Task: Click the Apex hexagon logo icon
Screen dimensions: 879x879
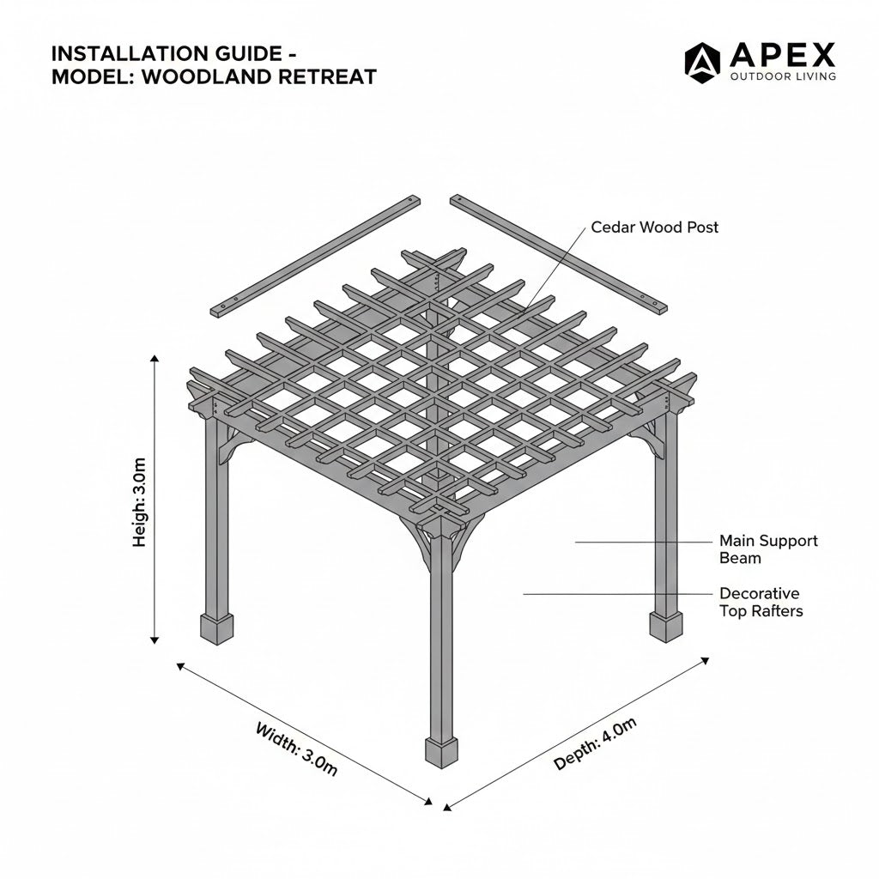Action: pyautogui.click(x=701, y=60)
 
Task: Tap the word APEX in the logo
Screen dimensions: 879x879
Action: pyautogui.click(x=782, y=56)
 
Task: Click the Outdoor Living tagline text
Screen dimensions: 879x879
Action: pyautogui.click(x=782, y=77)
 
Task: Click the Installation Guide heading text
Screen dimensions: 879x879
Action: pyautogui.click(x=167, y=54)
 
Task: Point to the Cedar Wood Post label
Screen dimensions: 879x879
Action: pyautogui.click(x=654, y=227)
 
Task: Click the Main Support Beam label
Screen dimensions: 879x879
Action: pyautogui.click(x=768, y=549)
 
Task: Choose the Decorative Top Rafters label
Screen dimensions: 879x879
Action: pyautogui.click(x=760, y=602)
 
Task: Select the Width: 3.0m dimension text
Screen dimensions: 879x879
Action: pyautogui.click(x=297, y=749)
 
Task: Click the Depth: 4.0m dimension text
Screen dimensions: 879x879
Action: pyautogui.click(x=596, y=743)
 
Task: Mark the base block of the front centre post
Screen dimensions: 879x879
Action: pyautogui.click(x=442, y=752)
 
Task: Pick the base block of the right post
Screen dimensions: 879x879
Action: pyautogui.click(x=665, y=626)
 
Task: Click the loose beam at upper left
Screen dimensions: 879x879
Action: pyautogui.click(x=316, y=256)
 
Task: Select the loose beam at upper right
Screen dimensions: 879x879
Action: pyautogui.click(x=558, y=255)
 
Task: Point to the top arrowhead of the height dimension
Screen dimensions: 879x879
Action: pyautogui.click(x=155, y=360)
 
